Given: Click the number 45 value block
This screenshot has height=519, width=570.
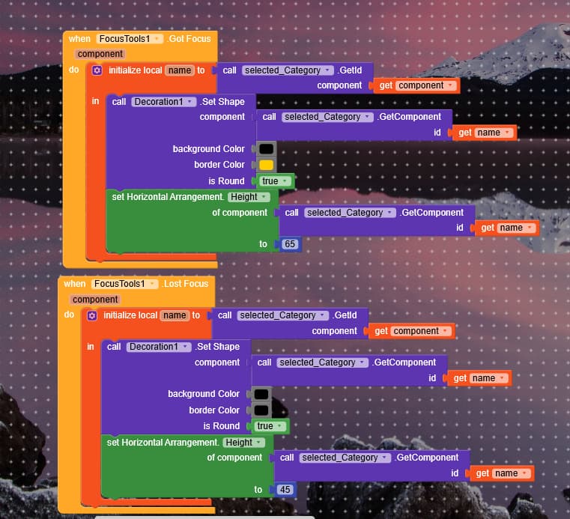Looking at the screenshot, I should (x=285, y=489).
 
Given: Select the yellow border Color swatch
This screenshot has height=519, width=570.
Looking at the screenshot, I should (x=266, y=165).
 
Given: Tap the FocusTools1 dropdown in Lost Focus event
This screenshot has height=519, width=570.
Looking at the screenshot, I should (x=122, y=284).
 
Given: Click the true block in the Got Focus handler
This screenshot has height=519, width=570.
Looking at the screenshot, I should (x=274, y=181).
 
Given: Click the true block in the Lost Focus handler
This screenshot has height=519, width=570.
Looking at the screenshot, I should (x=269, y=426).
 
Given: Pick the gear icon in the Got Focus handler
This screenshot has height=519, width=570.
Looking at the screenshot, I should (x=97, y=70).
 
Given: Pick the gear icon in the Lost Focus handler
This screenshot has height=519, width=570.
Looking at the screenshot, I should (x=92, y=315).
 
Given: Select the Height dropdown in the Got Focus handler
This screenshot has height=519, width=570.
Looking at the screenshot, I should (x=247, y=197).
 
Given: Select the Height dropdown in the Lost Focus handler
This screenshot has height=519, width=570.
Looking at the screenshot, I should (x=243, y=443).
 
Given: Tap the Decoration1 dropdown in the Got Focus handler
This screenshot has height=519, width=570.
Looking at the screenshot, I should (x=163, y=102).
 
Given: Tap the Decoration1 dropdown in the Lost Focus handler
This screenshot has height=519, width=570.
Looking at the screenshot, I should (x=159, y=347).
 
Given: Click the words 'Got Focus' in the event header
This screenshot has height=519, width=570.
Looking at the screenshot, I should (x=190, y=38).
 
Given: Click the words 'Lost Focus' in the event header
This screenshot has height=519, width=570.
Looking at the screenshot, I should (x=187, y=284).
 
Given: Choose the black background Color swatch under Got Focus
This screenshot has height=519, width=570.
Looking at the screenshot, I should (x=266, y=149).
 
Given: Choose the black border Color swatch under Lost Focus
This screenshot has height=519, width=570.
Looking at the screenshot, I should (x=261, y=410).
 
